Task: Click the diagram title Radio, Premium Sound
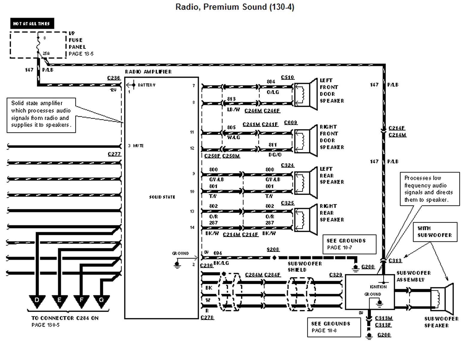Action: (x=235, y=7)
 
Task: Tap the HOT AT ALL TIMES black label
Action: (x=32, y=23)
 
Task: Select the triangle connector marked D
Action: (x=37, y=301)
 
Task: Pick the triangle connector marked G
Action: (x=101, y=301)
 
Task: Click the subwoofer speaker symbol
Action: (x=442, y=299)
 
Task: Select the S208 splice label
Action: (x=273, y=250)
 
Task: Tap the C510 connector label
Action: (x=287, y=77)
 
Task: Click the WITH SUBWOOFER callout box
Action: (x=435, y=232)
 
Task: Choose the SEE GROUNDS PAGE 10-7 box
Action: (x=349, y=244)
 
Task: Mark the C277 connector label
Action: (x=114, y=154)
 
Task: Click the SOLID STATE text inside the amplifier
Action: (x=162, y=197)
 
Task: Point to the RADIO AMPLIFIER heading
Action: (x=148, y=72)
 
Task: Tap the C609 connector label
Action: (x=290, y=122)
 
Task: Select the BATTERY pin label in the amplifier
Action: (x=147, y=85)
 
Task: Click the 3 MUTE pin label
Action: (x=136, y=146)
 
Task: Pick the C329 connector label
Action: (x=335, y=275)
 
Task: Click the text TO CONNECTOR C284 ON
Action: (x=65, y=318)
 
